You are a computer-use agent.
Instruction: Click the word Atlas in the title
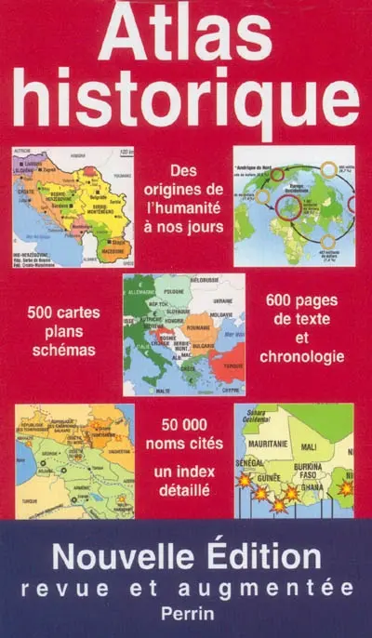185,37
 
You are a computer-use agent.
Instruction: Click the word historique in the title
185,104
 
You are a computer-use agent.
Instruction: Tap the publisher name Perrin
187,615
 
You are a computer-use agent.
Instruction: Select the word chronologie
302,356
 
